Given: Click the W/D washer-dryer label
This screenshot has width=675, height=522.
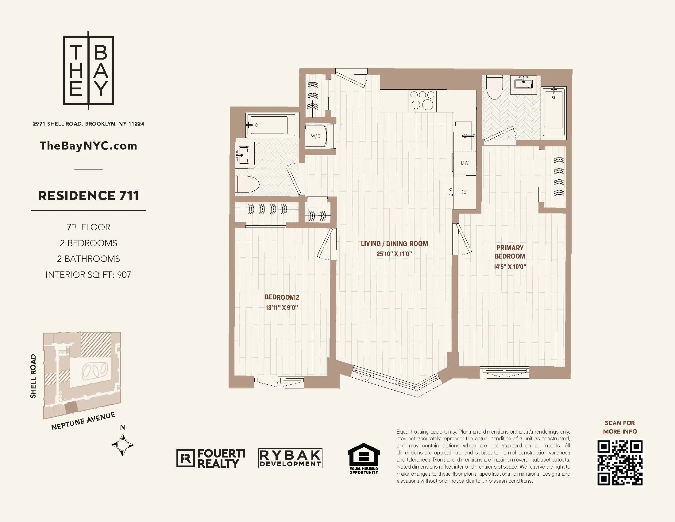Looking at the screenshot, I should point(315,136).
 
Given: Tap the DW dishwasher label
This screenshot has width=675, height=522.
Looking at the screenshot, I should point(465,163).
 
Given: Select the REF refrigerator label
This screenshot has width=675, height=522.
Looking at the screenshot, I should point(464,192).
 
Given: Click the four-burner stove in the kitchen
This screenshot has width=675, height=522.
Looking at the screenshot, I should point(422,100).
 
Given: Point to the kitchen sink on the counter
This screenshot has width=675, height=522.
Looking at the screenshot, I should point(464,135).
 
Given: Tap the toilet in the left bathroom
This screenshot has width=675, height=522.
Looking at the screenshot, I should point(247,184).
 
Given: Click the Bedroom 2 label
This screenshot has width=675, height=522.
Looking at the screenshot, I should point(282,297).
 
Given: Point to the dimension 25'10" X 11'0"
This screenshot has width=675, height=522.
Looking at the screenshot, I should point(394,254).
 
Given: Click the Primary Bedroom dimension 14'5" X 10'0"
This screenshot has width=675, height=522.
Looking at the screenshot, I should point(510,267).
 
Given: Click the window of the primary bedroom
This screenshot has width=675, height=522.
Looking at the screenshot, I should point(504,372).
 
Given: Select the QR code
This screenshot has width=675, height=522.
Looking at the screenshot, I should point(620,463).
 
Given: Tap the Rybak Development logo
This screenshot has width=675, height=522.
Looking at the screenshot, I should point(290,458).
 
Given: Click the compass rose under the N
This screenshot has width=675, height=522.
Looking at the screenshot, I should point(122,445).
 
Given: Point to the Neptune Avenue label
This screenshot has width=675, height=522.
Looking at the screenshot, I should point(83,421).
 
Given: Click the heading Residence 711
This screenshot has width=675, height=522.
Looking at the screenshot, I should point(88,195).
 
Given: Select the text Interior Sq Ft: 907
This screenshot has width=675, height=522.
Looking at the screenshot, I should point(88,275).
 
